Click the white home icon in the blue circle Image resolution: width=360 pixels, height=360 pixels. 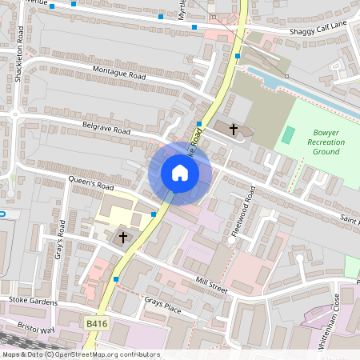[x=180, y=173]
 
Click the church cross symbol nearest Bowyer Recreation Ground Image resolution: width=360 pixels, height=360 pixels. [x=234, y=129]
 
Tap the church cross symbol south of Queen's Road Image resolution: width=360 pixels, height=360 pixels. [x=123, y=236]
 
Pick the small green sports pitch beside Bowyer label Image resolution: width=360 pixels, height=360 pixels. [x=288, y=134]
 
